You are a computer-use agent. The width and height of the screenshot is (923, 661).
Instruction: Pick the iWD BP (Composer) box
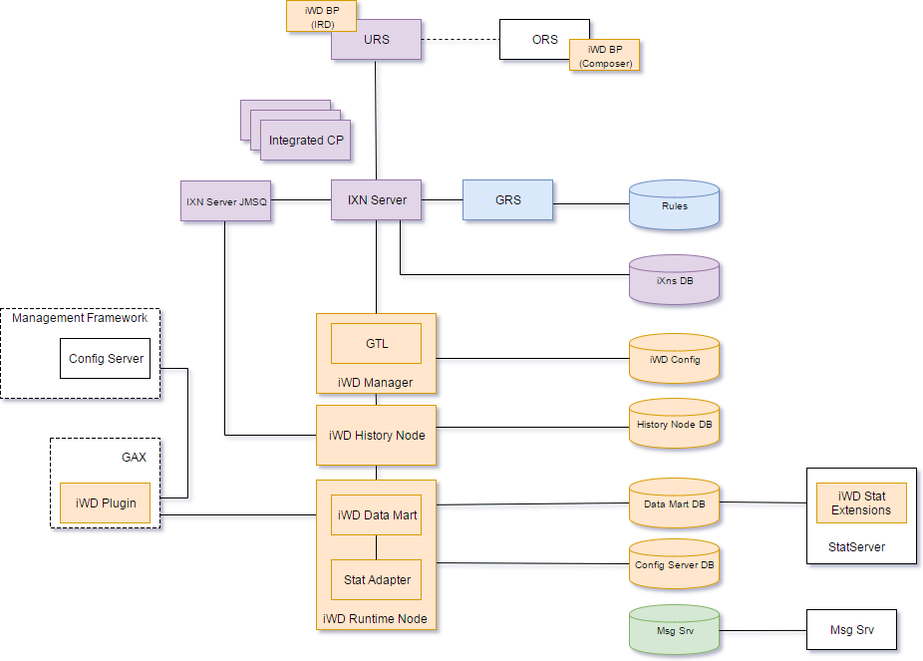[x=604, y=56]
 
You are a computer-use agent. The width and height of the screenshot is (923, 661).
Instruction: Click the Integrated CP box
[x=306, y=141]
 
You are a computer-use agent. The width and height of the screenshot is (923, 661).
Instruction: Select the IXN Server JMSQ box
[x=226, y=201]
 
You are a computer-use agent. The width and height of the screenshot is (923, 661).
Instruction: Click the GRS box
[x=507, y=200]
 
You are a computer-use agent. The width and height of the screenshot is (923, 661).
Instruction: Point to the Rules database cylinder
[x=674, y=207]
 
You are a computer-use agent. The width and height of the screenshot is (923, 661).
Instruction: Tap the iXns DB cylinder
[x=674, y=281]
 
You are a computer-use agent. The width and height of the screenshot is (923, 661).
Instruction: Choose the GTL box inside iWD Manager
[x=376, y=344]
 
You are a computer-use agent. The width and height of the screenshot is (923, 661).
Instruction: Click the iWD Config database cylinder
[x=674, y=360]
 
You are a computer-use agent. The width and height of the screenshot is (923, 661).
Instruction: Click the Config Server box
[x=106, y=359]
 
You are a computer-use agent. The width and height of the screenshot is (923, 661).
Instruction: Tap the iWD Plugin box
[x=105, y=502]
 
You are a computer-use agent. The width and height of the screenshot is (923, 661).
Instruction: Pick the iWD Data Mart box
[x=377, y=515]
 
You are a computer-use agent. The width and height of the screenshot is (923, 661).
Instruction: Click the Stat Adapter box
[x=377, y=579]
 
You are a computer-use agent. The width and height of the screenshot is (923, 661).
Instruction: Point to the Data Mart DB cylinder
[x=674, y=505]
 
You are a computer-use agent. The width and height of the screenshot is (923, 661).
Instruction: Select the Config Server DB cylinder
[x=674, y=566]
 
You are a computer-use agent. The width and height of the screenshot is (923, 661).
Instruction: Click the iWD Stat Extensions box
[x=861, y=503]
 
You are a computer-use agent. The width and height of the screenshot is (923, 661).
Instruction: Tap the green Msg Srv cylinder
[x=674, y=630]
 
